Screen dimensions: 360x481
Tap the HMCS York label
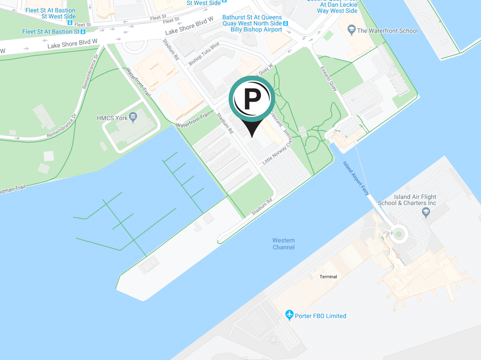[x=112, y=118]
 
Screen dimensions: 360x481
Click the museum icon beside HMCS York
[x=133, y=118]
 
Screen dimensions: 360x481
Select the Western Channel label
[x=284, y=244]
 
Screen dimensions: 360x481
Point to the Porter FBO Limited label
[x=320, y=316]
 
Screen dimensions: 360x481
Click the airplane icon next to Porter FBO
[x=289, y=315]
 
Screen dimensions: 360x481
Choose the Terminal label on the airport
[x=328, y=277]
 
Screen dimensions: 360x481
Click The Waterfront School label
[x=387, y=31]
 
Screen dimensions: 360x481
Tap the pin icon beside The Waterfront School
[x=351, y=30]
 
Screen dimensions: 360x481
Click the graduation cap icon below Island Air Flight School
[x=426, y=212]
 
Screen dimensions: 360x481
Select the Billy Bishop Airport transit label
[x=256, y=30]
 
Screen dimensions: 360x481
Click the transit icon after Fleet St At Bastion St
[x=83, y=32]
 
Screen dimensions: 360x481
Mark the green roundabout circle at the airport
[x=398, y=234]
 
